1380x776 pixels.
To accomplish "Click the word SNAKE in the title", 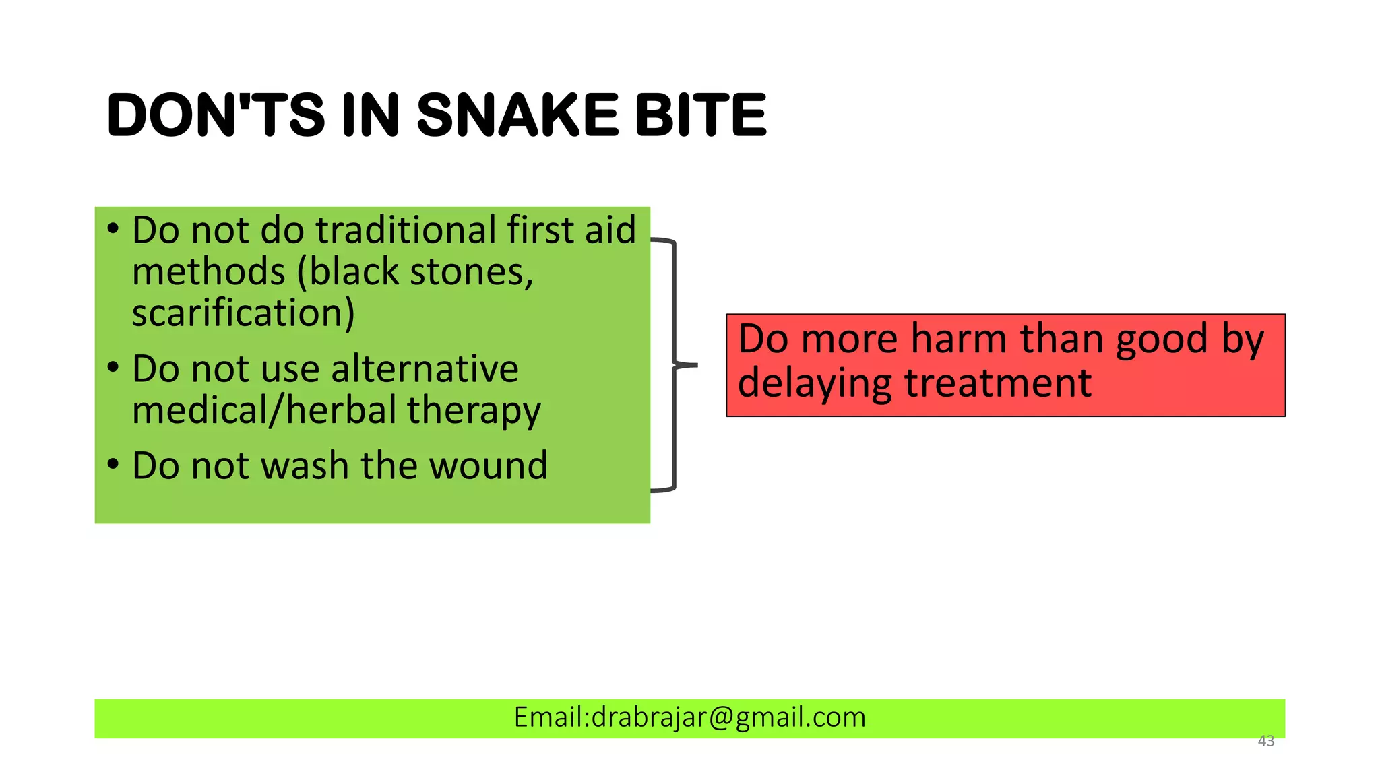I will pyautogui.click(x=517, y=115).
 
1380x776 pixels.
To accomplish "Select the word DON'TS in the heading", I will pyautogui.click(x=216, y=115).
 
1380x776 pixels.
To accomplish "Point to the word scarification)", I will pyautogui.click(x=243, y=313).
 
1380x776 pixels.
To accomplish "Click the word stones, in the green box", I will pyautogui.click(x=472, y=271).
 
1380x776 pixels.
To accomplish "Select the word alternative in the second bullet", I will pyautogui.click(x=425, y=368).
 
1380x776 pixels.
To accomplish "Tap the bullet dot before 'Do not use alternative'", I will pyautogui.click(x=113, y=368).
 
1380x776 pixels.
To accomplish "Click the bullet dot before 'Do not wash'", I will pyautogui.click(x=113, y=464).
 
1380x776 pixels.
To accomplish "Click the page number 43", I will pyautogui.click(x=1265, y=741).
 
